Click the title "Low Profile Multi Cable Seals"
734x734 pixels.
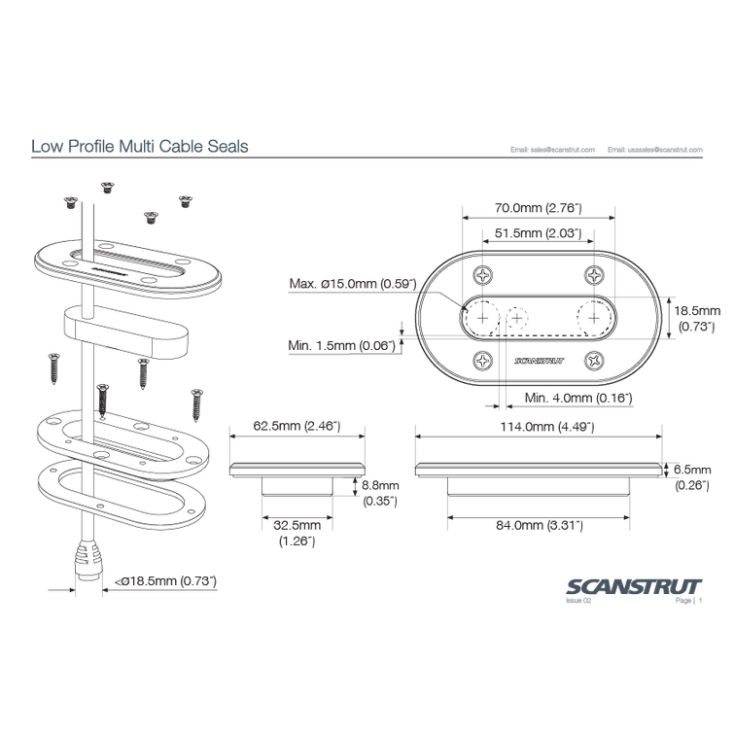(x=140, y=147)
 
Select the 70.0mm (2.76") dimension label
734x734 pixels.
(x=537, y=206)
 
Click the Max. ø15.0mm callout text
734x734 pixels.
(x=352, y=284)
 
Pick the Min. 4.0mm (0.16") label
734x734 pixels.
(x=577, y=397)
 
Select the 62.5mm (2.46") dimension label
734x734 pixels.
(x=296, y=426)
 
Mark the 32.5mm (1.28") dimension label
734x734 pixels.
(x=297, y=533)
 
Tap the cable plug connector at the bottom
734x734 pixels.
(x=88, y=565)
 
